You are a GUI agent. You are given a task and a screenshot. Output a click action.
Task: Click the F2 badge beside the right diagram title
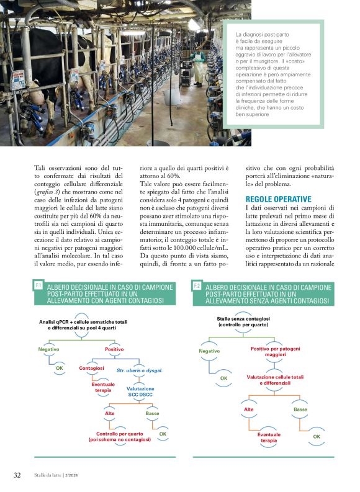[196, 285]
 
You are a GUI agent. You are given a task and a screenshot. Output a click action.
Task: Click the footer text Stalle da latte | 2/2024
[60, 476]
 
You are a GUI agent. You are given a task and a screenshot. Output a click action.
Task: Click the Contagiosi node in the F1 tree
[91, 368]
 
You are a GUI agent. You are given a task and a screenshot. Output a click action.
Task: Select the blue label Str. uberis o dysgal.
[140, 370]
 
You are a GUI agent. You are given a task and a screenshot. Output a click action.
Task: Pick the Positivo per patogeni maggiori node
[275, 352]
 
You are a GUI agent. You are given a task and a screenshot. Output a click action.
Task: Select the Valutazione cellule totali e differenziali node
[275, 380]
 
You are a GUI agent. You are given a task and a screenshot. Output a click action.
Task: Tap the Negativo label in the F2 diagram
[209, 351]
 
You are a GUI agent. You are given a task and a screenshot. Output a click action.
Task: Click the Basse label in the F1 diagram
[152, 413]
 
